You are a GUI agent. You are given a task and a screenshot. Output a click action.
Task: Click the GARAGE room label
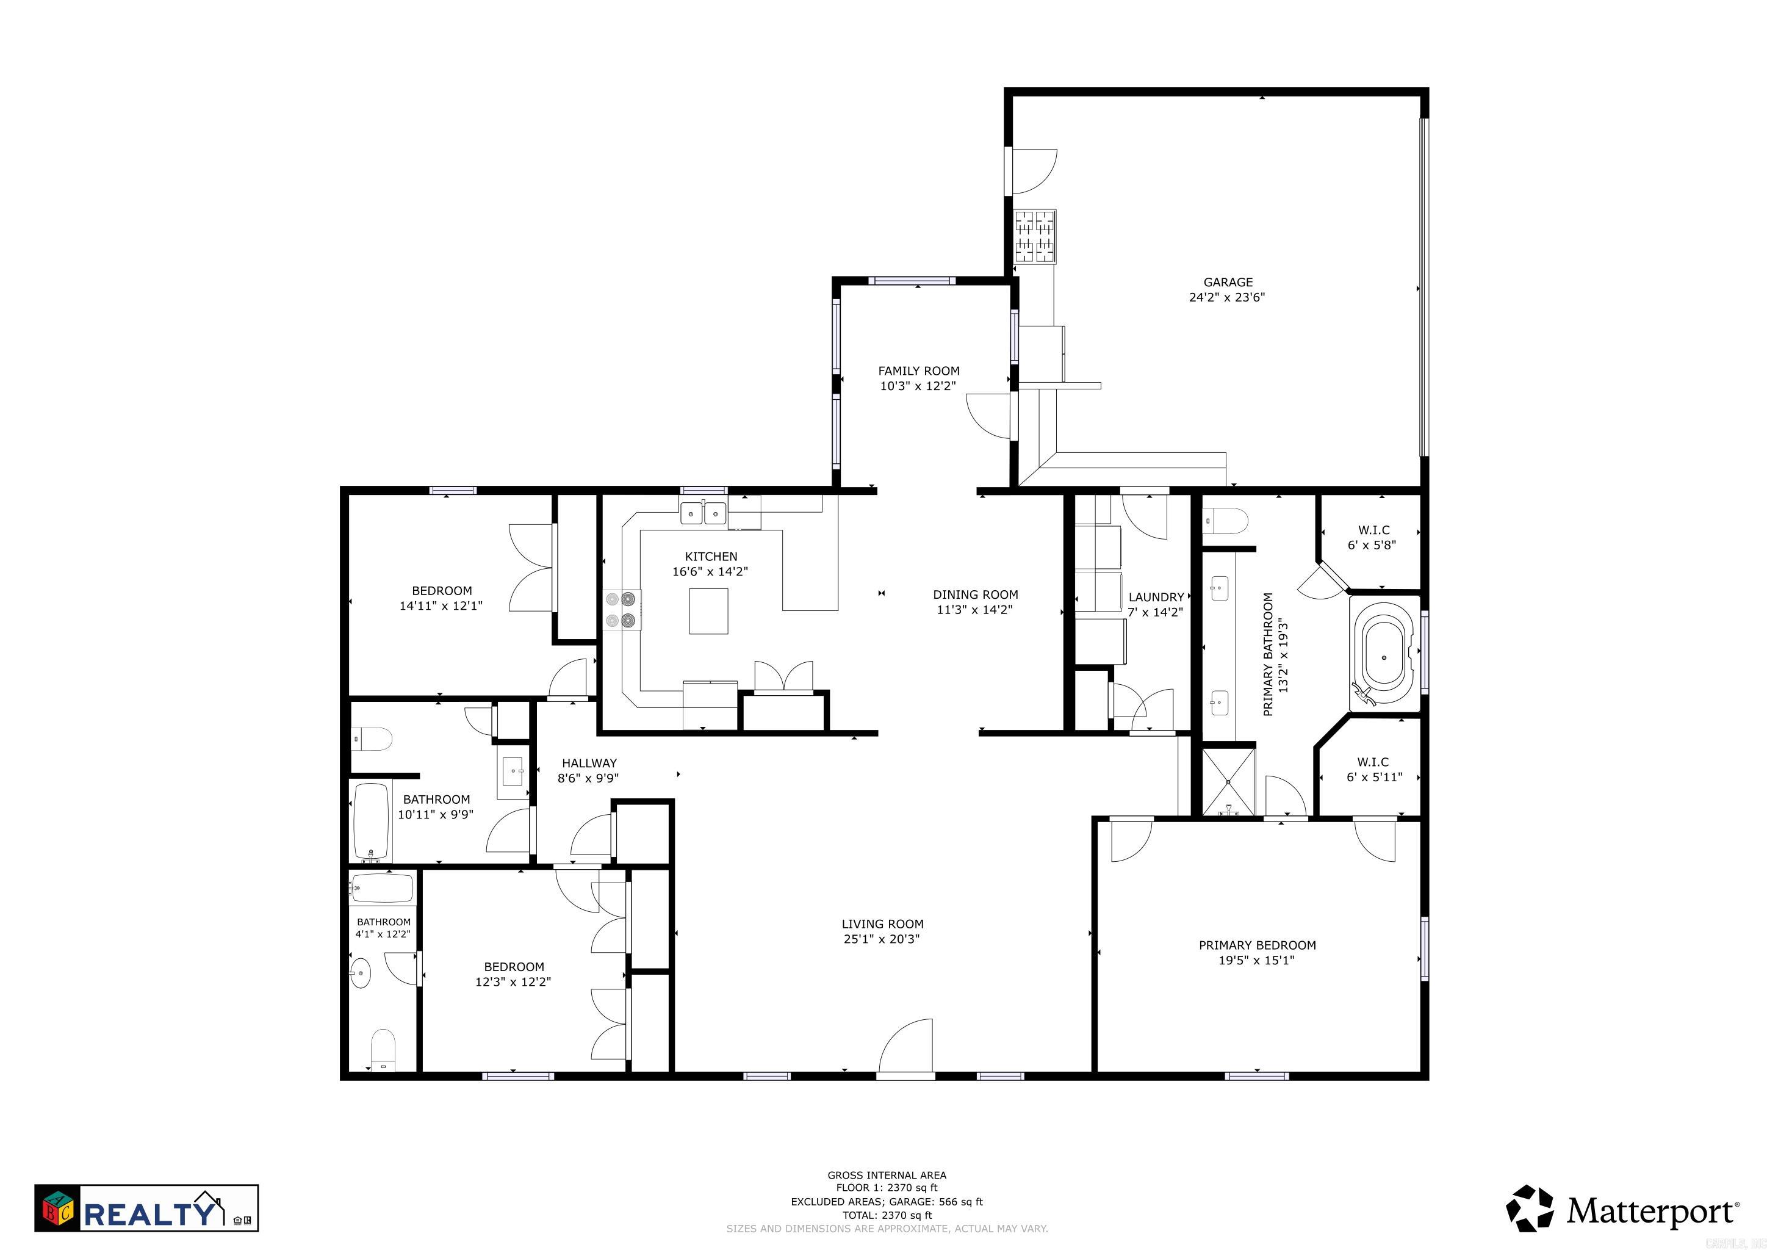pos(1228,283)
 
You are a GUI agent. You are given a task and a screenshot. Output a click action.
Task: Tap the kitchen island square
pos(708,610)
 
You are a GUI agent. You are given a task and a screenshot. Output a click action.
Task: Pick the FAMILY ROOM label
pos(919,371)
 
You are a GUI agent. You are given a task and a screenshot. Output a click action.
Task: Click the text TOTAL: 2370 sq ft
pos(887,1215)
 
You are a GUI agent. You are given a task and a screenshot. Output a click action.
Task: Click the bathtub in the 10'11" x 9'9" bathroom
pos(372,822)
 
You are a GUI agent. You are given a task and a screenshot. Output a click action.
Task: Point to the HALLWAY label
pos(589,764)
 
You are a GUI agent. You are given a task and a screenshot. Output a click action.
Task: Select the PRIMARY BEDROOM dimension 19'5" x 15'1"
pos(1257,961)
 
